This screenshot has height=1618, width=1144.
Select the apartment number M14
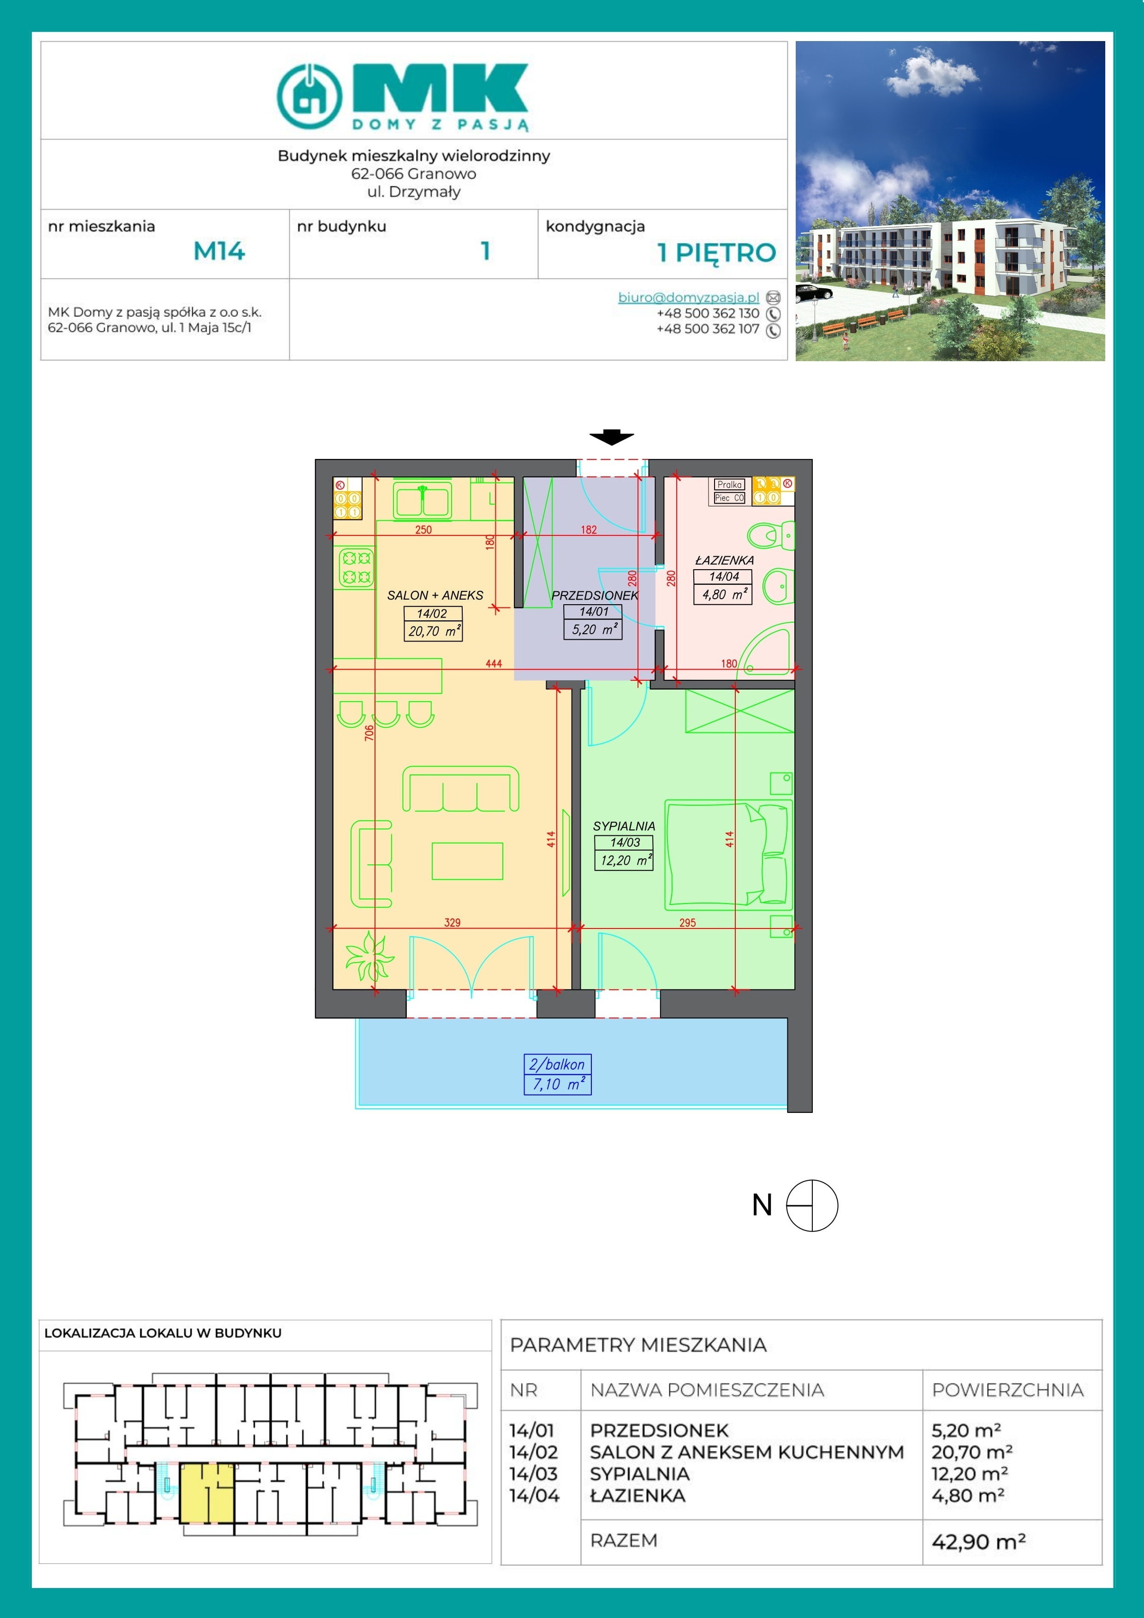coord(219,251)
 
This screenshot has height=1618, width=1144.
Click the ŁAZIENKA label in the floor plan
coord(724,560)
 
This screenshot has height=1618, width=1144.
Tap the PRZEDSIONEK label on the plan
coord(594,595)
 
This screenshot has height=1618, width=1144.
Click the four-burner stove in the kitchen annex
coord(356,568)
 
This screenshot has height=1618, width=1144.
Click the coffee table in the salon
coord(467,861)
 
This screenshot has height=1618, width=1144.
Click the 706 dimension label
coord(369,733)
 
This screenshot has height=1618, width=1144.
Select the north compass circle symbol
coord(812,1206)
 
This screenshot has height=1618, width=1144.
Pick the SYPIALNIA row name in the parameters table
coord(639,1474)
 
